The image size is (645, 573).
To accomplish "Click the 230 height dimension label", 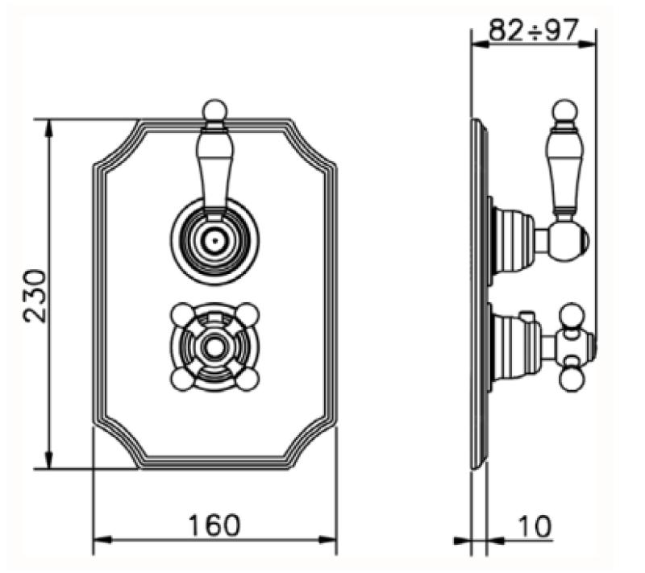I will coord(36,295).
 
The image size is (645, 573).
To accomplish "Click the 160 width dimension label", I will coord(214,525).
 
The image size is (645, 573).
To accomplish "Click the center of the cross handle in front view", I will coord(214,347).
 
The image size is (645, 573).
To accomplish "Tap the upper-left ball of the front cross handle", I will coord(181,313).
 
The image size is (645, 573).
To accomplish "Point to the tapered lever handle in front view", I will coord(214,165).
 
